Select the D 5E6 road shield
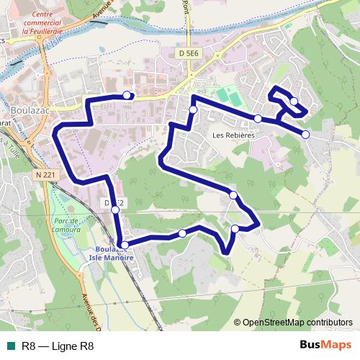tap(187, 52)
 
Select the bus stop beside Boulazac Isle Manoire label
tap(125, 245)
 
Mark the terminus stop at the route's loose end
tap(127, 95)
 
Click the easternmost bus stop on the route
tap(305, 135)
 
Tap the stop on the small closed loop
tap(294, 101)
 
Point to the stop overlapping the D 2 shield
tap(114, 210)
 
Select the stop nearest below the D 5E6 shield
tap(193, 109)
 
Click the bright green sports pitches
tap(228, 94)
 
